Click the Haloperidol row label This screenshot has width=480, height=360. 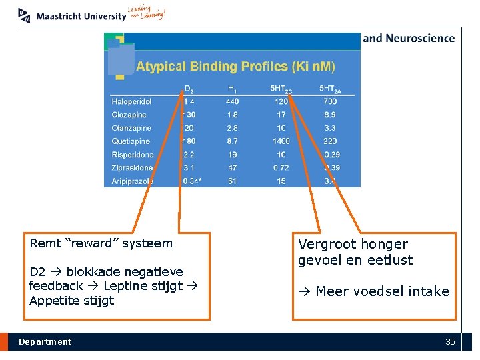pos(131,101)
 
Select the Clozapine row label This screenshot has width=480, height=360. pos(129,115)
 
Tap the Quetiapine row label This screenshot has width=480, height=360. pos(131,141)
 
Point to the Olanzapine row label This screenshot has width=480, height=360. pos(131,128)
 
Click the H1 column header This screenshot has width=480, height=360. pos(232,88)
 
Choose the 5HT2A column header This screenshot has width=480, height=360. pos(330,88)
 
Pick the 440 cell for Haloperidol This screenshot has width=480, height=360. pos(232,101)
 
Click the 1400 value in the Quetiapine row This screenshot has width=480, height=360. pos(281,141)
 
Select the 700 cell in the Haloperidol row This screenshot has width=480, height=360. pos(330,101)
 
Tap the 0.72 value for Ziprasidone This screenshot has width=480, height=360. pos(281,168)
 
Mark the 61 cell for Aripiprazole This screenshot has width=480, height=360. pos(232,181)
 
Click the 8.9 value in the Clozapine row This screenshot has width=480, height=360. pos(330,115)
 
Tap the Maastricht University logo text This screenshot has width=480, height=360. pos(81,16)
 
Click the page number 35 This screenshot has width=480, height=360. pos(450,342)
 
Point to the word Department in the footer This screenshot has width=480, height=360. pos(45,342)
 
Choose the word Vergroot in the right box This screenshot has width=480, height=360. pos(325,245)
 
